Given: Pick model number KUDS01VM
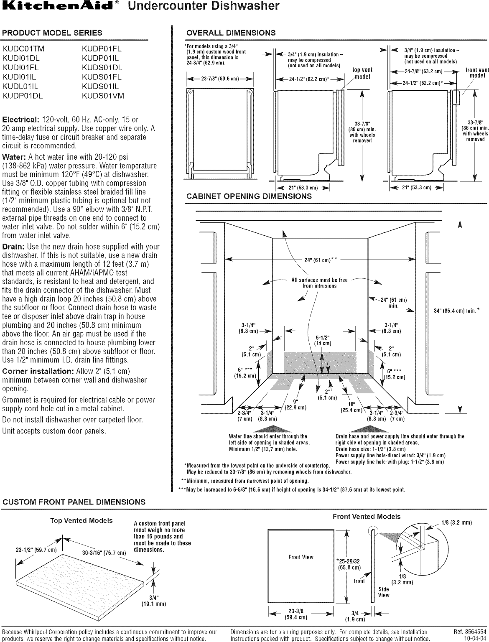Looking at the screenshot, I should [x=103, y=96].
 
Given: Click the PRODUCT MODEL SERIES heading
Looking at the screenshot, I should [x=52, y=33].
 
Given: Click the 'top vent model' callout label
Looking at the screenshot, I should [x=362, y=73].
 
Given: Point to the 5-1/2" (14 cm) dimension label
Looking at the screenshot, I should [x=322, y=341].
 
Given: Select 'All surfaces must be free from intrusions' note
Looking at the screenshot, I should [x=319, y=283].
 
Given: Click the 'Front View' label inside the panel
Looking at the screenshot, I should [x=301, y=557].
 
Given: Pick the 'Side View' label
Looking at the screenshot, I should [x=384, y=592].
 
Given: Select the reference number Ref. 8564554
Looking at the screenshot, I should [x=470, y=632].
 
